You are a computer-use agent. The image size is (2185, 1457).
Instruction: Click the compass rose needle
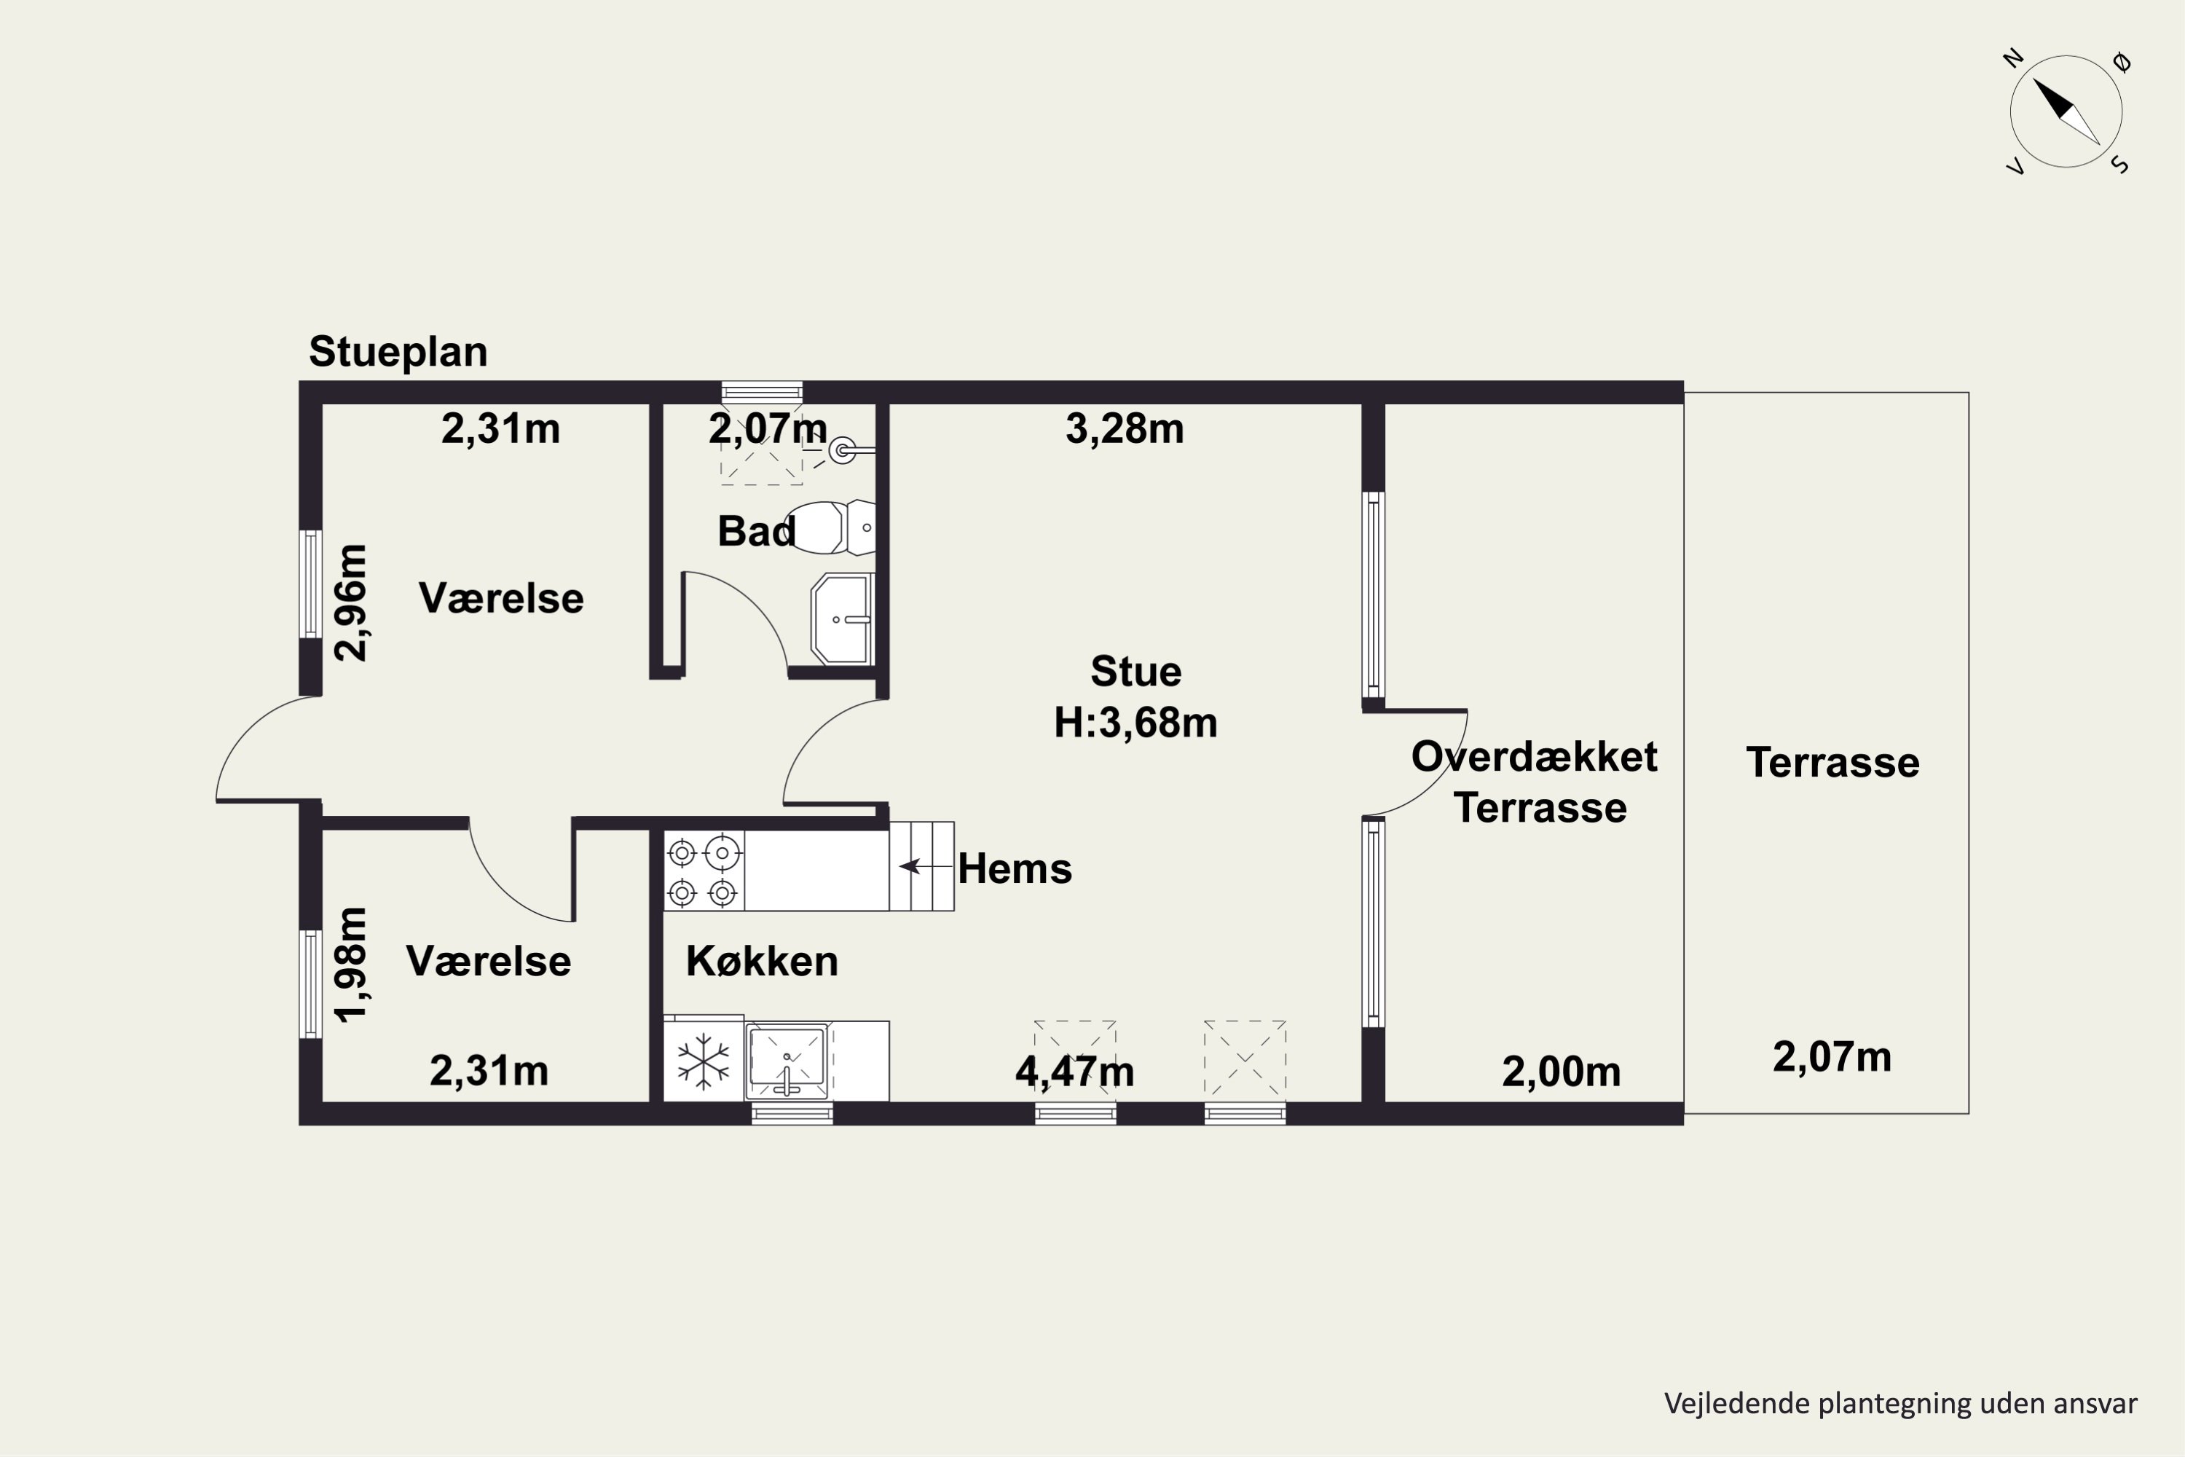coord(2067,111)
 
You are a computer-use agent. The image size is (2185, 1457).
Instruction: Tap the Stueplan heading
coord(398,352)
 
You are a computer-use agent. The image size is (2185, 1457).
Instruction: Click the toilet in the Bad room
coord(830,527)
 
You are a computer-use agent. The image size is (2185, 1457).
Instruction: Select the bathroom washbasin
coord(843,618)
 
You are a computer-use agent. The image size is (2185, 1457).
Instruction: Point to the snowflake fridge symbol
coord(704,1060)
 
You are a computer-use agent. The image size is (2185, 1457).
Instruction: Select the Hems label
coord(1015,869)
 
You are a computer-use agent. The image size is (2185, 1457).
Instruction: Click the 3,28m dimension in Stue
coord(1124,428)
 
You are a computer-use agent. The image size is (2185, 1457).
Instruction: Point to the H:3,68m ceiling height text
coord(1135,722)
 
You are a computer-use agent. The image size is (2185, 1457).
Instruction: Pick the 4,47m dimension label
coord(1075,1072)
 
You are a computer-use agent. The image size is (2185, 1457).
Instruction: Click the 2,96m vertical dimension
coord(351,602)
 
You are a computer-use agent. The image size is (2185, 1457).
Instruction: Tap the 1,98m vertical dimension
coord(351,965)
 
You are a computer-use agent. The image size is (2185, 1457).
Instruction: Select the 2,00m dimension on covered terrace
coord(1561,1072)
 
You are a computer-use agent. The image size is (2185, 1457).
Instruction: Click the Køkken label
coord(762,961)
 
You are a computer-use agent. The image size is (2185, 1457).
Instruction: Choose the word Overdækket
coord(1534,756)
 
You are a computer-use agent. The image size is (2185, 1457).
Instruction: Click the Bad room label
coord(756,532)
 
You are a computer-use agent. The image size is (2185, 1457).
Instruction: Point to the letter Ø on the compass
coord(2121,62)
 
